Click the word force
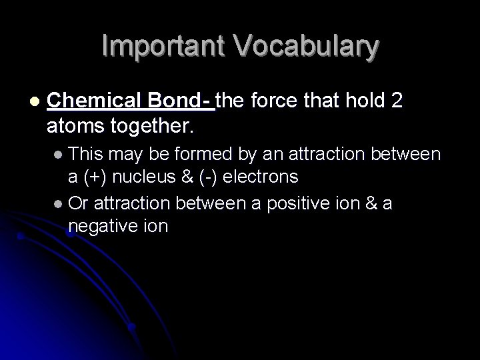coord(271,101)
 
